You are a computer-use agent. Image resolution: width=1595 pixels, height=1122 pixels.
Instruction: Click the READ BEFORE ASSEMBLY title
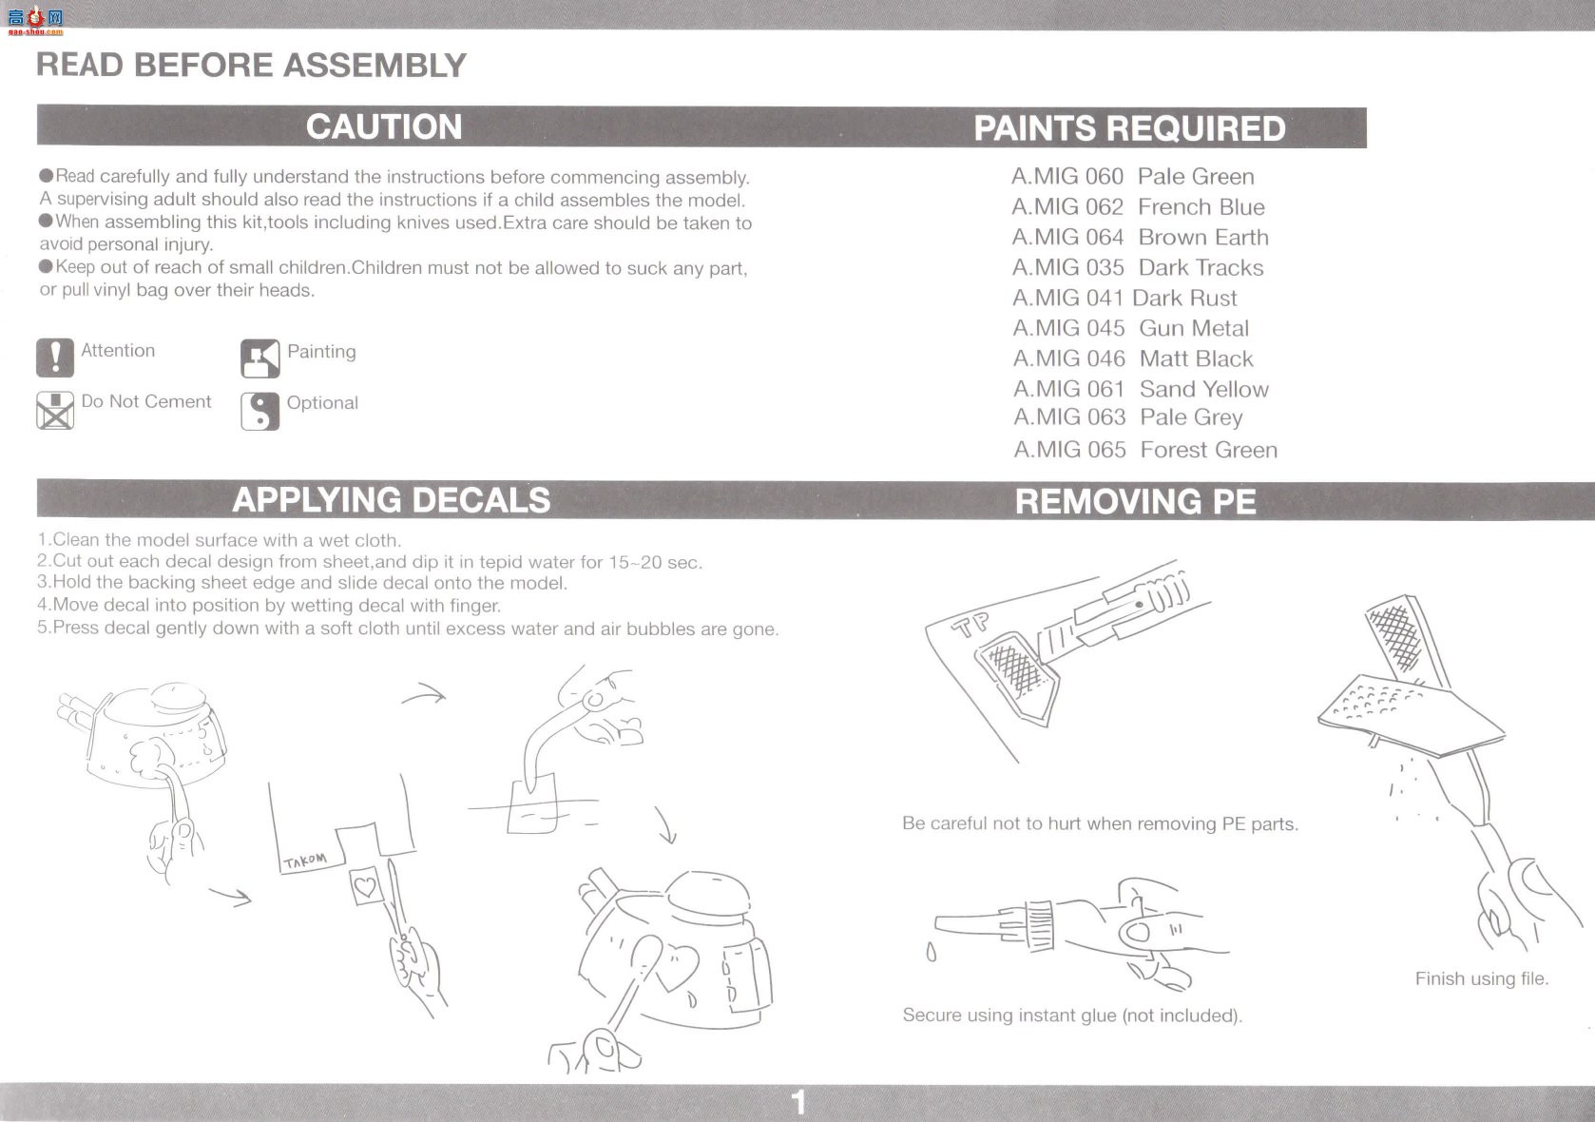coord(251,66)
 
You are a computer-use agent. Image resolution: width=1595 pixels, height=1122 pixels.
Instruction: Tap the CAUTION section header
coord(384,126)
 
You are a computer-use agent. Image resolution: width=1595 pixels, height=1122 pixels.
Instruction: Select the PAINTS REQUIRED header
coord(1129,129)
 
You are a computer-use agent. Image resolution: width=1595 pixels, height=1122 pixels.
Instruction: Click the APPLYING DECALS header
coord(391,500)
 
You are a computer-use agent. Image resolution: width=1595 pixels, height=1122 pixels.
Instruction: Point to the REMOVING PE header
coord(1135,501)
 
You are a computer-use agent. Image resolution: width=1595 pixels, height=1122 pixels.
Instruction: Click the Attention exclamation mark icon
coord(55,358)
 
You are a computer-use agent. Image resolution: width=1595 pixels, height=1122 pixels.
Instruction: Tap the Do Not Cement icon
coord(55,411)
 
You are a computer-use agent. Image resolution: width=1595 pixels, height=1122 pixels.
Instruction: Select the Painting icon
coord(259,358)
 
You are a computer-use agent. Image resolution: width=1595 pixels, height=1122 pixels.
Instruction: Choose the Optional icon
coord(259,411)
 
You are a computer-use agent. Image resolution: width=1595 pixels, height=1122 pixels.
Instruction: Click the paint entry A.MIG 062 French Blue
coord(1138,207)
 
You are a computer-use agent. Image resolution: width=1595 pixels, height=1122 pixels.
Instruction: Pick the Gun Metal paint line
coord(1131,328)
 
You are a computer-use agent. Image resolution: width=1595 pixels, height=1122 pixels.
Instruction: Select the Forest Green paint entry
coord(1145,450)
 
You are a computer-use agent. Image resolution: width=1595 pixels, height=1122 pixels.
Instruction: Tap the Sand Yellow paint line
coord(1141,390)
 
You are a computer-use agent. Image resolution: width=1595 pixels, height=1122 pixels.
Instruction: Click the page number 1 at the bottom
coord(798,1103)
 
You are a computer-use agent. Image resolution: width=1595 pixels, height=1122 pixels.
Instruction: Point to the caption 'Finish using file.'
coord(1482,978)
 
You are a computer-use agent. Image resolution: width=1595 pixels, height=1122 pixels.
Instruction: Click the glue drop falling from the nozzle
coord(932,952)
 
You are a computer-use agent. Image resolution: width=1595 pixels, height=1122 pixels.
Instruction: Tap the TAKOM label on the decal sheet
coord(305,861)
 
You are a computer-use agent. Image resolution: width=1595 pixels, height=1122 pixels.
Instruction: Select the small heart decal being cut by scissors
coord(365,886)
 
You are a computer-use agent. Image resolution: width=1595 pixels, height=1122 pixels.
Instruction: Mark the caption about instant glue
coord(1072,1016)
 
